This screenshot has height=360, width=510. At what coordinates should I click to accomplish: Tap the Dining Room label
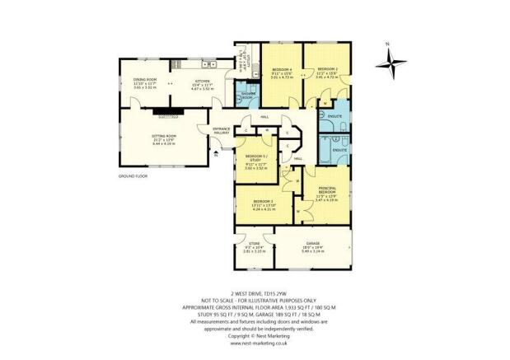point(145,82)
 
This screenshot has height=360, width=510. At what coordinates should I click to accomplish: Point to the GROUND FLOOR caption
point(133,176)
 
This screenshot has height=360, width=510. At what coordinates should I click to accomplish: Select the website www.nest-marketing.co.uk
point(255,344)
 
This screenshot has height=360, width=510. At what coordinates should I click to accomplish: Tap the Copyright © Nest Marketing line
point(255,335)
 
